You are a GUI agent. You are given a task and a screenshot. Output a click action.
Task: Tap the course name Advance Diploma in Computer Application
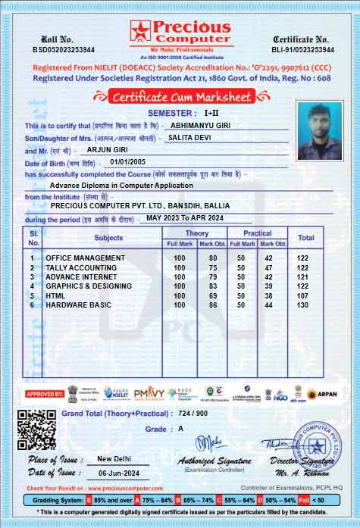point(121,184)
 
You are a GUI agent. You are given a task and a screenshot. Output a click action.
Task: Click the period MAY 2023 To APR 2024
point(185,217)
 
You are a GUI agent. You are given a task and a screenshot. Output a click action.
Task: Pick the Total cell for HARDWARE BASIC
point(302,305)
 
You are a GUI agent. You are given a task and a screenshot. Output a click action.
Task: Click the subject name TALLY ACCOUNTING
point(81,267)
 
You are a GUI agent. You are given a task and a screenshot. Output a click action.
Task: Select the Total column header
point(306,238)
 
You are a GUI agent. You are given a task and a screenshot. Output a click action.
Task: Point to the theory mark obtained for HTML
point(212,295)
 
